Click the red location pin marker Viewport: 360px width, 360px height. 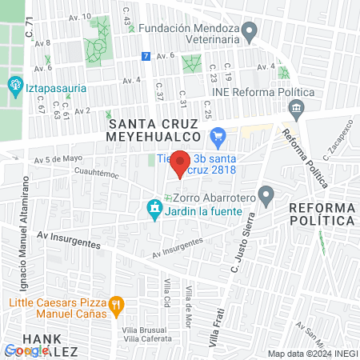pyautogui.click(x=181, y=162)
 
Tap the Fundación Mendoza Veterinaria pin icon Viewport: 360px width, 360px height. pyautogui.click(x=249, y=33)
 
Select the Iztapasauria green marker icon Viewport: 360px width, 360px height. pyautogui.click(x=14, y=85)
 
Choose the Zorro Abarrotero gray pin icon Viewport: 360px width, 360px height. pyautogui.click(x=266, y=194)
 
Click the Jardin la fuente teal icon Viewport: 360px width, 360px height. pyautogui.click(x=153, y=210)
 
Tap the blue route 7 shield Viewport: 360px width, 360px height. pyautogui.click(x=144, y=56)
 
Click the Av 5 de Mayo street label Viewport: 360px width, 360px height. pyautogui.click(x=58, y=158)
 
